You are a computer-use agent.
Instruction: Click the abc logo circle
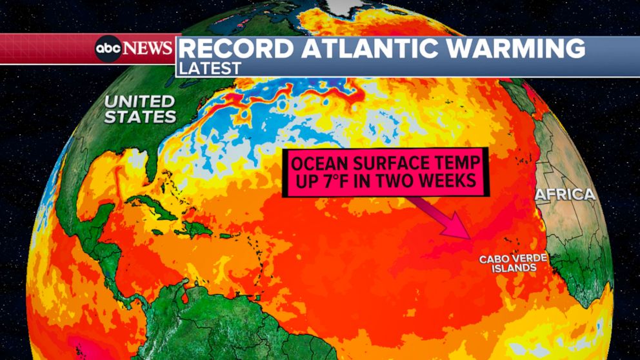pyautogui.click(x=108, y=48)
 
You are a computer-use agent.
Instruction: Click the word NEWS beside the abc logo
pyautogui.click(x=148, y=48)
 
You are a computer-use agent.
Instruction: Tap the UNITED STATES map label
pyautogui.click(x=140, y=109)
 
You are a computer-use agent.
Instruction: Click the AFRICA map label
pyautogui.click(x=565, y=194)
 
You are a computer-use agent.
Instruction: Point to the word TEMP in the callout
pyautogui.click(x=455, y=163)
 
